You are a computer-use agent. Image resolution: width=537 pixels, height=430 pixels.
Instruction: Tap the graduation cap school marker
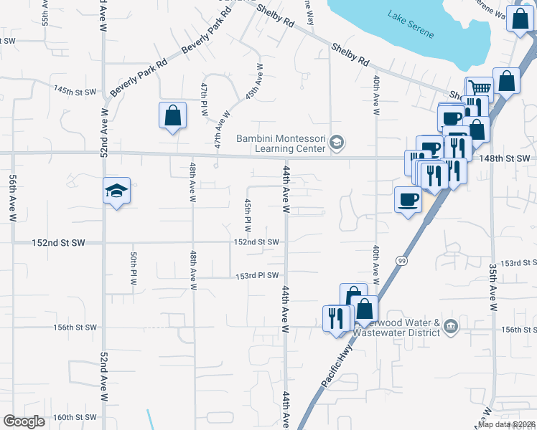click(x=116, y=192)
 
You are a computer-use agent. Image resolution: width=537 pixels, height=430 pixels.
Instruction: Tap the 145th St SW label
click(x=75, y=91)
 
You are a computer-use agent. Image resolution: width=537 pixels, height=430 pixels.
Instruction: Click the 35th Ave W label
click(x=493, y=290)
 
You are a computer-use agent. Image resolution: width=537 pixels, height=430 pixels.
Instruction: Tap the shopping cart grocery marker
click(x=479, y=88)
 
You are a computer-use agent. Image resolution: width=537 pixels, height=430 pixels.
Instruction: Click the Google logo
click(x=24, y=421)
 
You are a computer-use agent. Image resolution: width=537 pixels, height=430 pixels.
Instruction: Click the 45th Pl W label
click(x=247, y=214)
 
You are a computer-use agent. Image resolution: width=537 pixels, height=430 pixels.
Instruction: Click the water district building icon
click(x=450, y=327)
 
